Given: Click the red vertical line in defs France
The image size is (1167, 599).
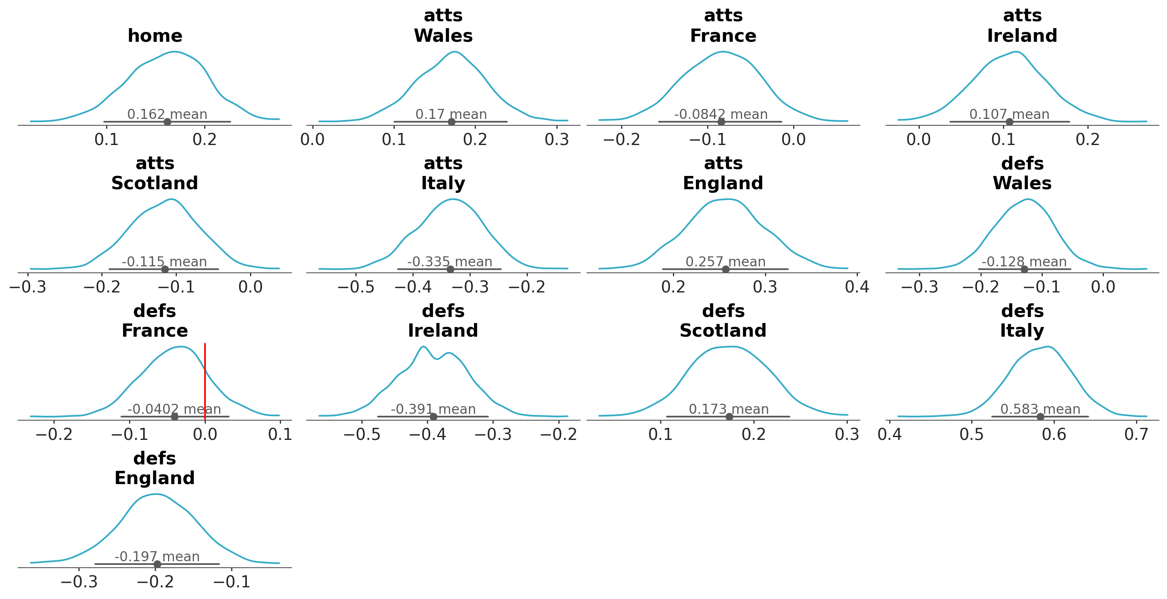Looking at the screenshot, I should (x=205, y=380).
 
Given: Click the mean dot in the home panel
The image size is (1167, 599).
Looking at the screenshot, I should (x=167, y=122).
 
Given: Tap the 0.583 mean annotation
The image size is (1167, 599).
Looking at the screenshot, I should (x=1040, y=409).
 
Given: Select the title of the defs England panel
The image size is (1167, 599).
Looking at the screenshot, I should (x=154, y=468).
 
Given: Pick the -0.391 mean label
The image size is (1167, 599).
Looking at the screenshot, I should (x=433, y=409).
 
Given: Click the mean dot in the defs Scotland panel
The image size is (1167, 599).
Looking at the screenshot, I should (x=729, y=417).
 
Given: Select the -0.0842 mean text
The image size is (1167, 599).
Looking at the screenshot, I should (x=721, y=114).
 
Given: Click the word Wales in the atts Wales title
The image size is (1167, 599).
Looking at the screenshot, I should (x=443, y=36).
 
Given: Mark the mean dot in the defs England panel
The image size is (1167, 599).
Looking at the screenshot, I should (x=157, y=564).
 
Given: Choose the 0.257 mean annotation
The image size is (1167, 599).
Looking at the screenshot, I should (x=725, y=262).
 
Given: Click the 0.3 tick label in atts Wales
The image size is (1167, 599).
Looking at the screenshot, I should (x=557, y=139).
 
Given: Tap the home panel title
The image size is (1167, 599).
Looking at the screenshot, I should (x=155, y=36).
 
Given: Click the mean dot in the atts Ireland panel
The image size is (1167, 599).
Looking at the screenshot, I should (x=1009, y=122).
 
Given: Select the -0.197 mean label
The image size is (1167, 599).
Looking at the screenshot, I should (x=157, y=556).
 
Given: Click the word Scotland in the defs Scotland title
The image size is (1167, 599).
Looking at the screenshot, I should (x=723, y=331).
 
